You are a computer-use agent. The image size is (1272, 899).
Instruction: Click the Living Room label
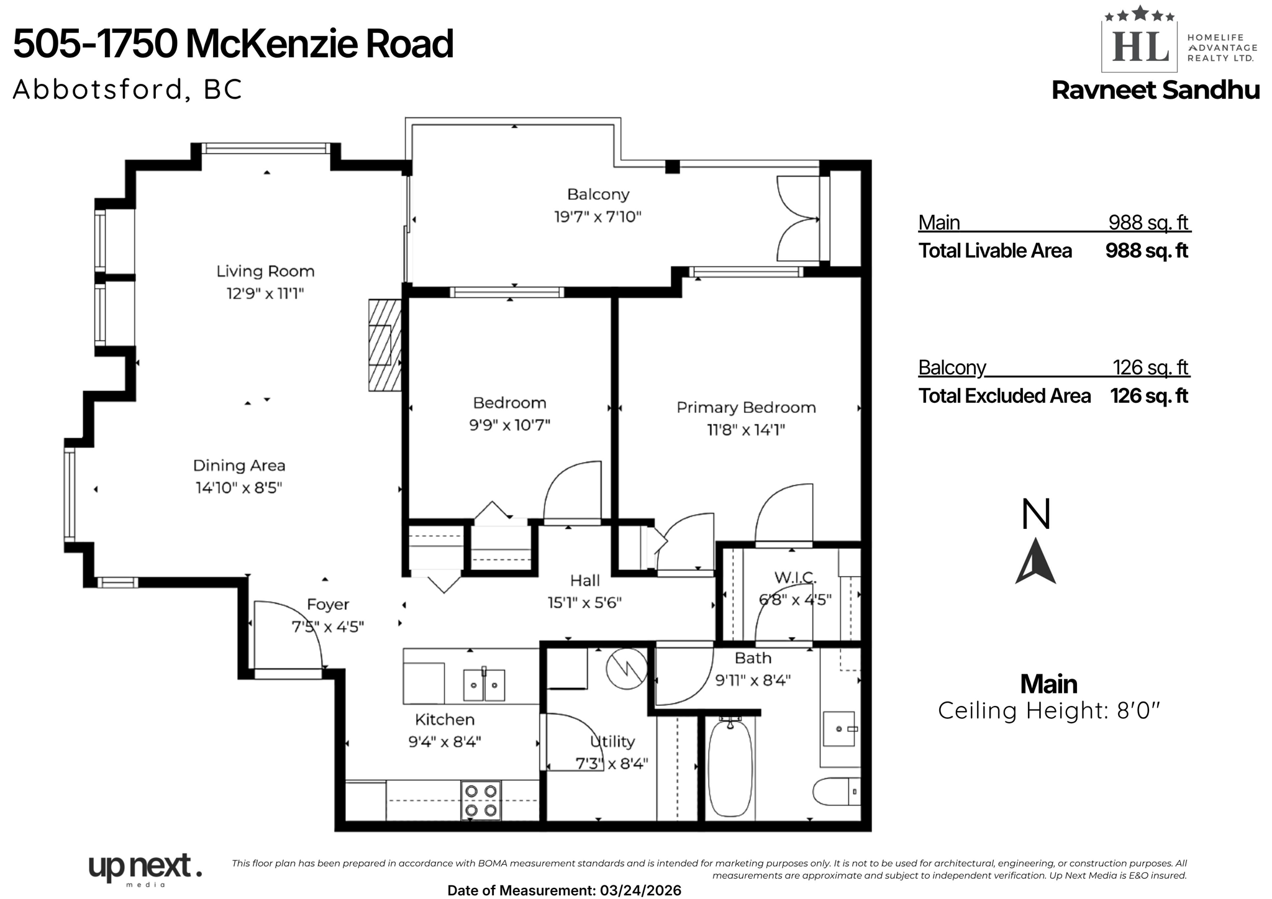[265, 271]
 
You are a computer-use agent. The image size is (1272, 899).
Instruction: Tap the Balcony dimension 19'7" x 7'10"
[597, 217]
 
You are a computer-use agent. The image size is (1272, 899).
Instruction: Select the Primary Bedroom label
[745, 408]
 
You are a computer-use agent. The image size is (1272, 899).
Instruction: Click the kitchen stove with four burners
[481, 800]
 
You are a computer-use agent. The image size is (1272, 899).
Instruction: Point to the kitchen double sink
[484, 685]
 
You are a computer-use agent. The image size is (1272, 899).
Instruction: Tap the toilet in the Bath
[835, 792]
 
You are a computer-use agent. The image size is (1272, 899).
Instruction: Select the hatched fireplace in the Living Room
[384, 345]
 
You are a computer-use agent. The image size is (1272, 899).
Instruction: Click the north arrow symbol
[1035, 561]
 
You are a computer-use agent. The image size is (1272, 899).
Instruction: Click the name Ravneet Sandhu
[1155, 91]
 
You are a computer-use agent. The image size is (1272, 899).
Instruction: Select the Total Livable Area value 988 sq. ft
[1147, 251]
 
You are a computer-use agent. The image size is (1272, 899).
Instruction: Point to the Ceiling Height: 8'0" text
[1048, 710]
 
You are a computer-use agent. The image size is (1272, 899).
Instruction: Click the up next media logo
[145, 868]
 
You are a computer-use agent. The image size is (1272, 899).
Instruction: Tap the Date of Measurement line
[564, 890]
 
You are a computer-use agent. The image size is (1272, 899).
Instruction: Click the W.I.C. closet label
[795, 578]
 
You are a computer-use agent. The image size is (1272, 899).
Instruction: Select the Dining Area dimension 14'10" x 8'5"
[239, 488]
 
